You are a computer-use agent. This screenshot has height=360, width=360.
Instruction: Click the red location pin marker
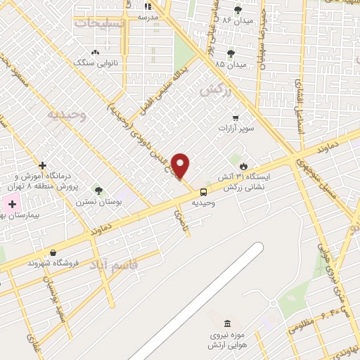[181, 165]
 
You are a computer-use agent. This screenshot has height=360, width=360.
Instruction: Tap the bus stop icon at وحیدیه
[204, 191]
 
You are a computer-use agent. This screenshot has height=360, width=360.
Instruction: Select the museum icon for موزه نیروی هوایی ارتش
[227, 323]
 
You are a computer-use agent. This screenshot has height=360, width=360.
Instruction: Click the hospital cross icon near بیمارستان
[12, 204]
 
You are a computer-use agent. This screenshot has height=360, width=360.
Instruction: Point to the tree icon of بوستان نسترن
[98, 190]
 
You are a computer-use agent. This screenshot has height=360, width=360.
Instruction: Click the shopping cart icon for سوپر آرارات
[236, 118]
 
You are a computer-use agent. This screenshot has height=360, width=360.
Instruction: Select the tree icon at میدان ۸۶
[238, 10]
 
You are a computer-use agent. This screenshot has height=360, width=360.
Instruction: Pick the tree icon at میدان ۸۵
[231, 53]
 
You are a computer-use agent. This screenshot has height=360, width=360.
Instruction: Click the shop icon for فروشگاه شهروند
[53, 252]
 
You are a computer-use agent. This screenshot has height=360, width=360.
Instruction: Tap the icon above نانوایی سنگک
[95, 52]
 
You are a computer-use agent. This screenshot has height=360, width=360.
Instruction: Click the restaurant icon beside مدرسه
[148, 6]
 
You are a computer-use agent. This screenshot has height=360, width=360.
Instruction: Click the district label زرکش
[215, 90]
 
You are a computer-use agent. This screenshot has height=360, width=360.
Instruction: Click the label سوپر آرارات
[236, 129]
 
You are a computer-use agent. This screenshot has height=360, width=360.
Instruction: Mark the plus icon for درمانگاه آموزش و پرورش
[43, 165]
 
